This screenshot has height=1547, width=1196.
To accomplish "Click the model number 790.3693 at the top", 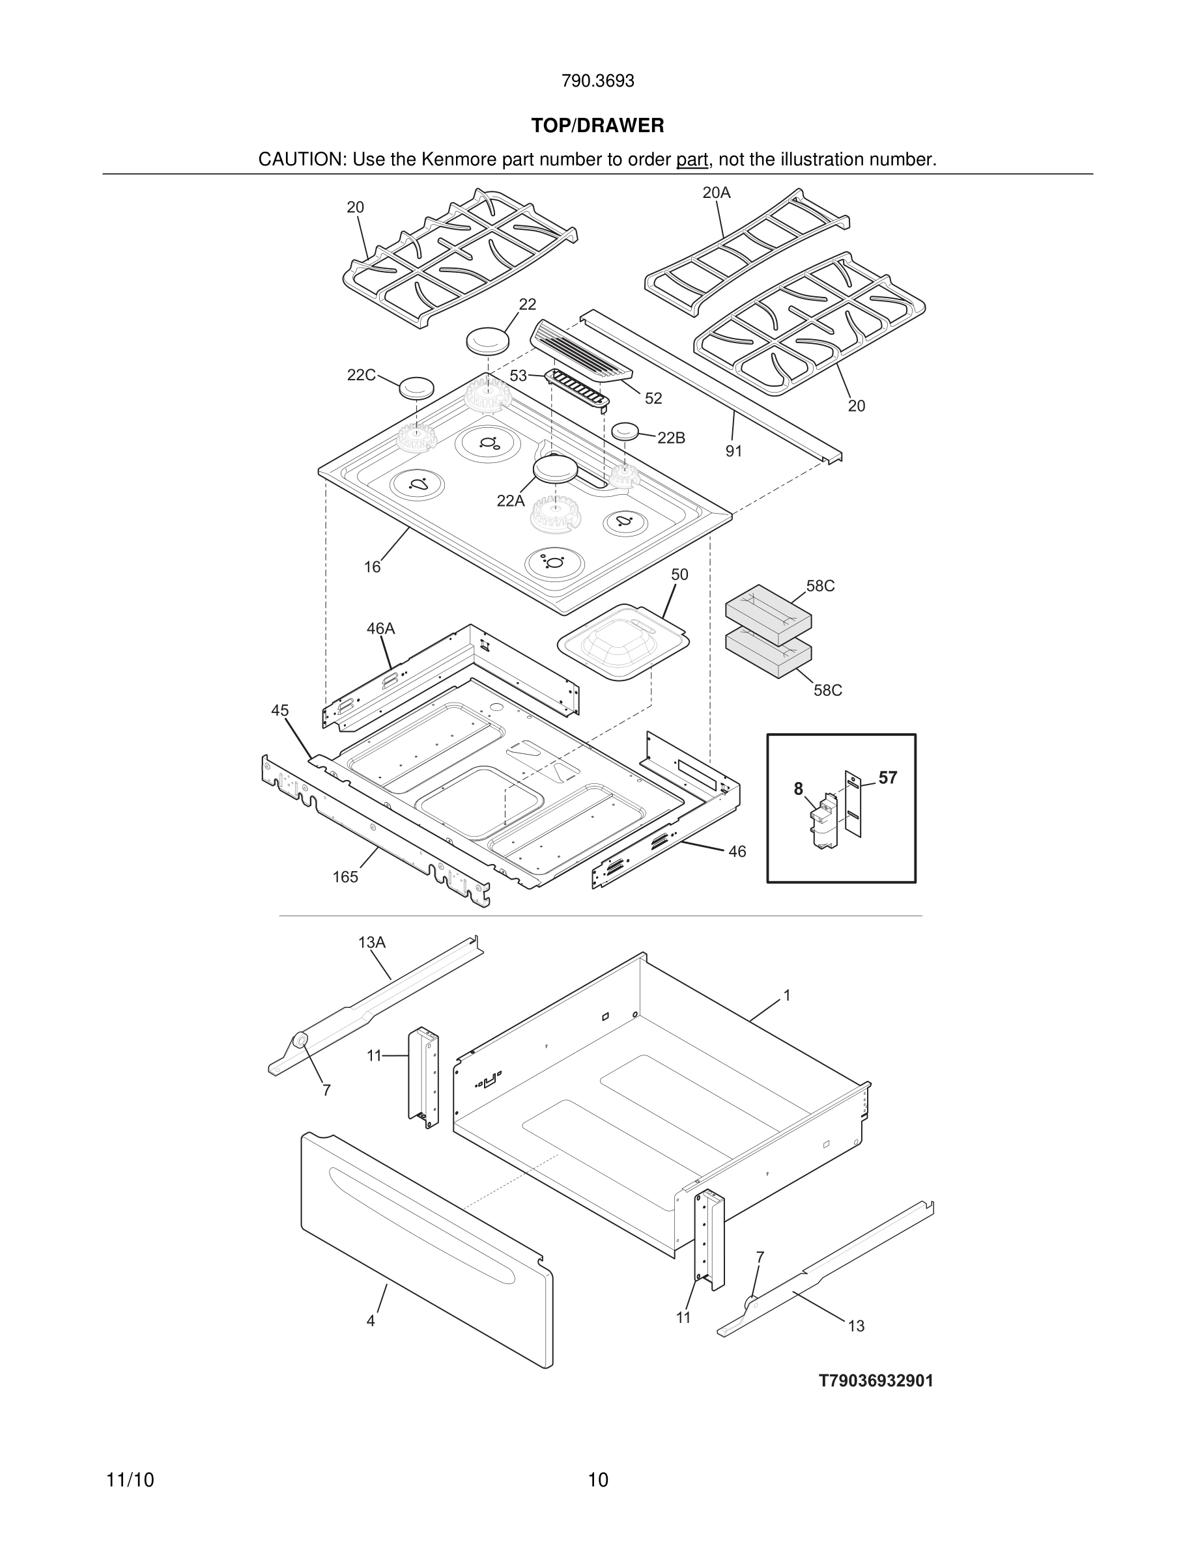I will [597, 81].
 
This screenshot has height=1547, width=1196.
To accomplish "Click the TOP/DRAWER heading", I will [597, 126].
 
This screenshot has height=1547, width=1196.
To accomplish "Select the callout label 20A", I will [717, 193].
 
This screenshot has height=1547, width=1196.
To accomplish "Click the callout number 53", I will [518, 376].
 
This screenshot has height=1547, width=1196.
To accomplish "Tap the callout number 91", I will [733, 451].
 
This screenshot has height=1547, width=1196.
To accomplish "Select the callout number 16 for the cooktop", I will [372, 566].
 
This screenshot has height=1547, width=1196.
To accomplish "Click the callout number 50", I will [679, 574].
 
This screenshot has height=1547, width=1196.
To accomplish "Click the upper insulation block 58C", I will [768, 613].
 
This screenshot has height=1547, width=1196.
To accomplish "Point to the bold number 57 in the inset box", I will [888, 778].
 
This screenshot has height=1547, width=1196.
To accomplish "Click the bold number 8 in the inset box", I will [799, 788].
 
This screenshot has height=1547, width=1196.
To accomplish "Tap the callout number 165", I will [345, 877].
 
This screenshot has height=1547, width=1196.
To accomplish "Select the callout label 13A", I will [372, 942].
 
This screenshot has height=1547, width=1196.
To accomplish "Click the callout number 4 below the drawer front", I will [371, 1321].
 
